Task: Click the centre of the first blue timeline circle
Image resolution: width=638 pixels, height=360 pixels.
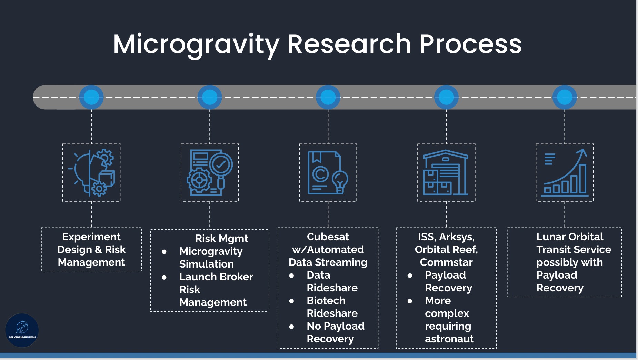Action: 91,97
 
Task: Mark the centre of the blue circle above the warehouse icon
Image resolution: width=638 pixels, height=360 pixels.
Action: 446,97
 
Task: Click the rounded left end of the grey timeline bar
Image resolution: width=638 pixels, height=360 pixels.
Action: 33,97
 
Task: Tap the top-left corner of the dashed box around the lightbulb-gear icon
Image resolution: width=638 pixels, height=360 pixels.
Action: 63,144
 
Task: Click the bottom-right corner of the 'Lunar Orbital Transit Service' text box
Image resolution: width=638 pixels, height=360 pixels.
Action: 621,297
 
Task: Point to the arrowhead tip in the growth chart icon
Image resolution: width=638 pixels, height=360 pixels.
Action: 584,150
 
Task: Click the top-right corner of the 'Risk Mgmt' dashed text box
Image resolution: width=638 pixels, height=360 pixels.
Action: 269,230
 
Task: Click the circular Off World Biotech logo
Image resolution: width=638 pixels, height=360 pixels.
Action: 22,330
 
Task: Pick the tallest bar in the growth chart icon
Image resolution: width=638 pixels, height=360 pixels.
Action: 583,178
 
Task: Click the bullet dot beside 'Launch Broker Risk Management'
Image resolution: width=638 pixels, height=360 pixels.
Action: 164,277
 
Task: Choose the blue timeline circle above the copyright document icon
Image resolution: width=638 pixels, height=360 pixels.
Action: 328,97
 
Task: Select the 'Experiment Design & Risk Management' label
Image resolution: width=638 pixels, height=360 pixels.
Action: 91,249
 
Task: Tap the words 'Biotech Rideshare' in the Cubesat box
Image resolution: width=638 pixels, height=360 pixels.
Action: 332,307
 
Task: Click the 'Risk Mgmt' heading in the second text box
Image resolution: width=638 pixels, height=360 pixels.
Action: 221,238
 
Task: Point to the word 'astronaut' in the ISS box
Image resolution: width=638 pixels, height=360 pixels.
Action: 449,339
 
